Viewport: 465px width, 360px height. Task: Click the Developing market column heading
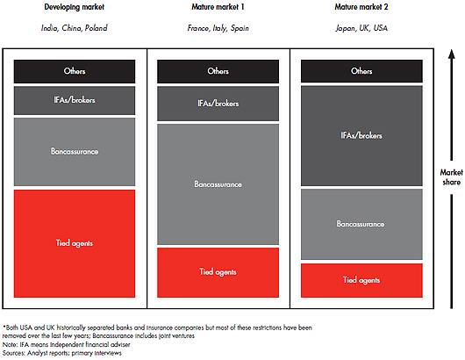point(75,7)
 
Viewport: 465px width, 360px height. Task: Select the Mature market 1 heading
point(218,7)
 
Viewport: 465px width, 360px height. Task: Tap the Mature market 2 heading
point(361,7)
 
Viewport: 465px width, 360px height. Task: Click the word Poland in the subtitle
point(97,28)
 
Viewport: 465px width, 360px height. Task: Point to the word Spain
point(240,28)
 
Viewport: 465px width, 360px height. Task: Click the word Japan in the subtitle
point(346,28)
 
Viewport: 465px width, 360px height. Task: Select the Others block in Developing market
point(75,71)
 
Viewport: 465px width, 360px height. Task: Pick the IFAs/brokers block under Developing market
point(75,101)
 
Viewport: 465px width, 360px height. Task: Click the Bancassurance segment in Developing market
point(75,152)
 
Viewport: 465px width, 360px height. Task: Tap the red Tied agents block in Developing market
point(75,244)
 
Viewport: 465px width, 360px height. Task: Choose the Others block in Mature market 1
point(218,71)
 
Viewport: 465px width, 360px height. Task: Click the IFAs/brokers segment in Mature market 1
point(218,104)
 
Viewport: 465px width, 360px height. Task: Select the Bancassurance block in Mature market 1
point(218,184)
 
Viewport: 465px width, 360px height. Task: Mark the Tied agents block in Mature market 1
point(218,272)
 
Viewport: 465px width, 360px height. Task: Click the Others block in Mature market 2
point(361,71)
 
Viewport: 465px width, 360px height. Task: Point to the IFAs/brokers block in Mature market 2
point(361,136)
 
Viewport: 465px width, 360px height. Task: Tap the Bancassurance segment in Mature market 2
point(361,225)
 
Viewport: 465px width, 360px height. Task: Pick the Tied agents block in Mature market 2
point(361,280)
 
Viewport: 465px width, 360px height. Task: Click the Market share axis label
point(451,177)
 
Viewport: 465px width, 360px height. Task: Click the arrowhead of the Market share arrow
point(451,54)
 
